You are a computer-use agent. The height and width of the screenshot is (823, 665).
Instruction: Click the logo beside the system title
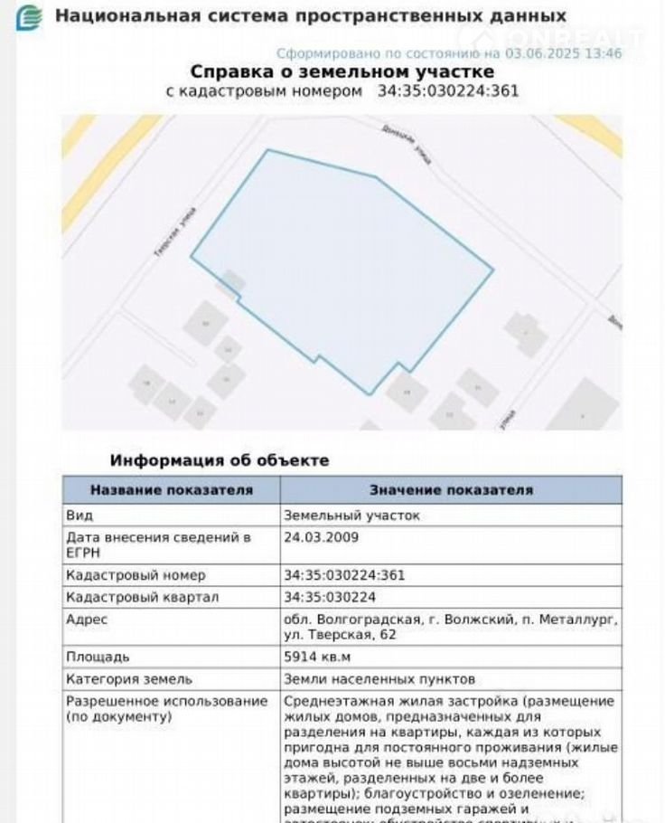click(30, 16)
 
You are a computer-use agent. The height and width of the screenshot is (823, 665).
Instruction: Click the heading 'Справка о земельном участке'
click(342, 71)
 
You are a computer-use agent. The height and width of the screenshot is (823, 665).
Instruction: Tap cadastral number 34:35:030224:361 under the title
click(447, 91)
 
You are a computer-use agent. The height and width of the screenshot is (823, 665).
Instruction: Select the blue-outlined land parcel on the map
click(343, 262)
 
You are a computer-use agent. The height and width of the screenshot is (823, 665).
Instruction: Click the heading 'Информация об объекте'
click(220, 460)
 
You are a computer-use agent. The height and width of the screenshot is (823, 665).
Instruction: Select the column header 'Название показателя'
click(171, 490)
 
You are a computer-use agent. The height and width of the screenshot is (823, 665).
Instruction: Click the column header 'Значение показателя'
click(451, 490)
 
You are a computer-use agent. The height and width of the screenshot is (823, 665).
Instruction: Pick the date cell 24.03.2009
click(322, 537)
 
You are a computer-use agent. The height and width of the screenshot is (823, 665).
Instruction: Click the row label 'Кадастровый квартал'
click(143, 597)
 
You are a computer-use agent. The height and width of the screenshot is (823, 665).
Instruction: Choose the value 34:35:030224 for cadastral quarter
click(330, 597)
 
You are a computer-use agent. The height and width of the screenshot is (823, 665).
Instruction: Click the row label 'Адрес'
click(87, 620)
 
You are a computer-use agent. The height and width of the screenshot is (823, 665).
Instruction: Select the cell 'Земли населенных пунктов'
click(379, 679)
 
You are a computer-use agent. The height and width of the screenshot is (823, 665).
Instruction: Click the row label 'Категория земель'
click(129, 679)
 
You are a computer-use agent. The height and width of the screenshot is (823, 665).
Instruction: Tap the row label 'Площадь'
click(98, 657)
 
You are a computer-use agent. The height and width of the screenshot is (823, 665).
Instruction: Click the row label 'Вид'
click(80, 515)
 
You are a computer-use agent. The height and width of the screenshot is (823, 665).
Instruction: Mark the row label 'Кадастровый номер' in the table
click(136, 575)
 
